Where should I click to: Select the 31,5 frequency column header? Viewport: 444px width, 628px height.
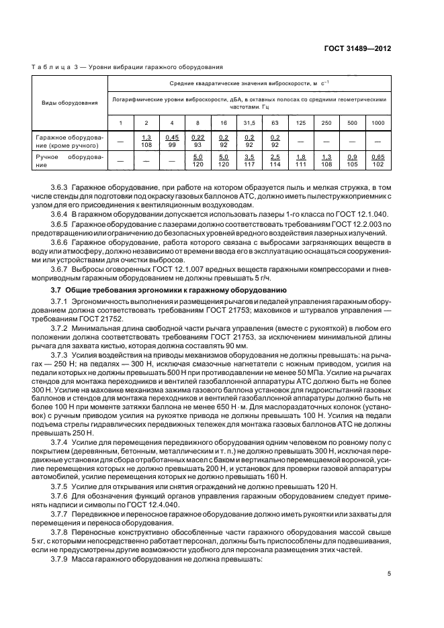(x=249, y=122)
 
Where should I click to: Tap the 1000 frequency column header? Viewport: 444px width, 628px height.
(x=378, y=122)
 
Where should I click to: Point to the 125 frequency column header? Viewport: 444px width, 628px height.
(x=300, y=122)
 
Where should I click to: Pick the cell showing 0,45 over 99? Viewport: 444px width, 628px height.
(x=172, y=140)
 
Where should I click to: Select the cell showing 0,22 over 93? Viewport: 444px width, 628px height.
(x=197, y=140)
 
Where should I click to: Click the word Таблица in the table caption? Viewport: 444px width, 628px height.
(x=49, y=67)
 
